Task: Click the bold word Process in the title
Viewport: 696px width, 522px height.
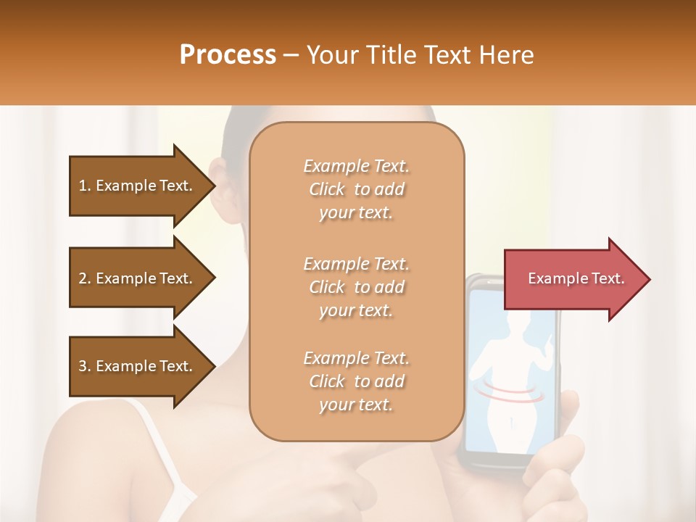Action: [228, 55]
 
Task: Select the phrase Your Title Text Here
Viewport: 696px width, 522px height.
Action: [420, 55]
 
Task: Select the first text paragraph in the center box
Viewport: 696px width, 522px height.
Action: [356, 189]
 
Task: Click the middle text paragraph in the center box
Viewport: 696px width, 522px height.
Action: [356, 287]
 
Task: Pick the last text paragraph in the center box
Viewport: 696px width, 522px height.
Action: [356, 381]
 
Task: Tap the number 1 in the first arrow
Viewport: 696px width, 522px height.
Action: [83, 186]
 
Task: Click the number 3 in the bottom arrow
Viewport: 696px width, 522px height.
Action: [83, 366]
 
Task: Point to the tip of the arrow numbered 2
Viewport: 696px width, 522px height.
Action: [214, 278]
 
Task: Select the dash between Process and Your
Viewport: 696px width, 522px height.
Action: [291, 55]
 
